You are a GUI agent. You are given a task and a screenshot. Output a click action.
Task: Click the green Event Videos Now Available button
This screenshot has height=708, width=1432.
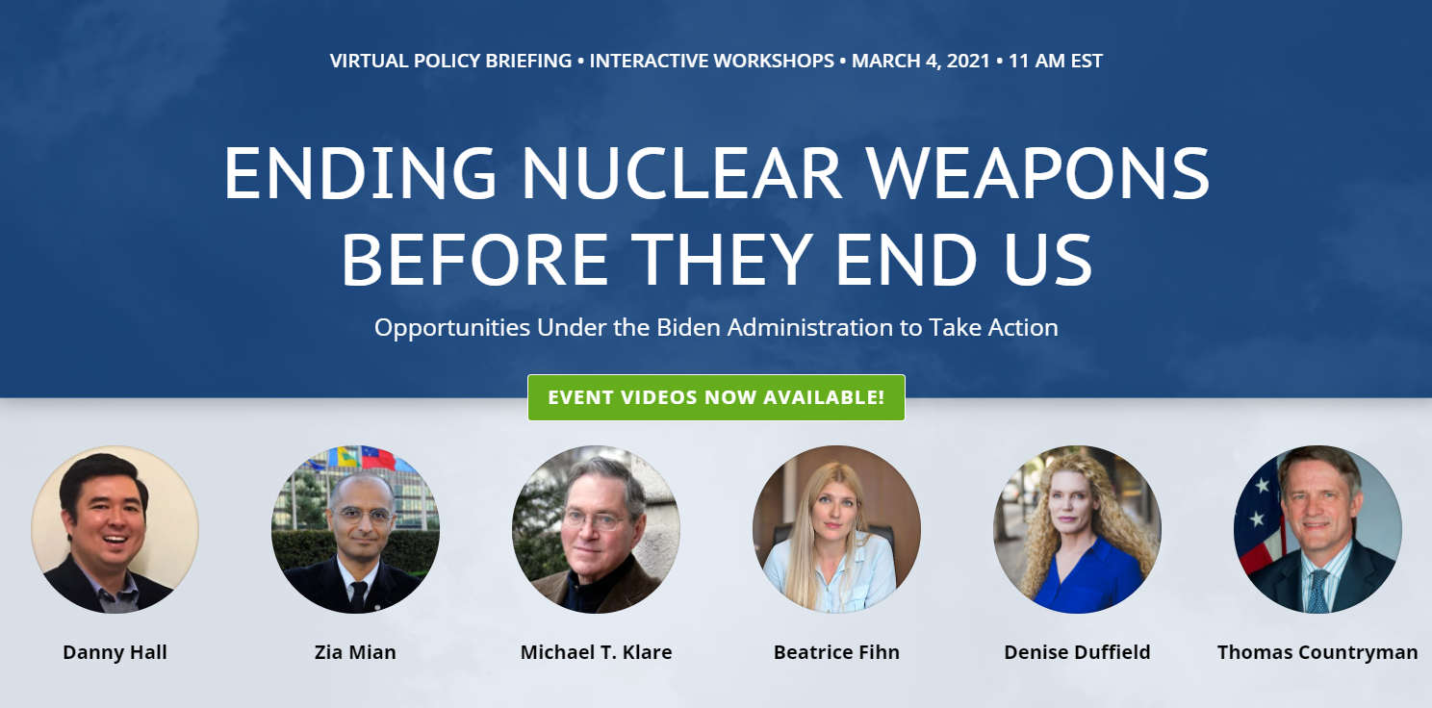pos(716,397)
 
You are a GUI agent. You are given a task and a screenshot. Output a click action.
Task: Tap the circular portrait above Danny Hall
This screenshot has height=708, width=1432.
pos(115,530)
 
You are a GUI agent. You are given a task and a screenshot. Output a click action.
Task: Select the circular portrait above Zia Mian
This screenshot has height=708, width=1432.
pos(355,530)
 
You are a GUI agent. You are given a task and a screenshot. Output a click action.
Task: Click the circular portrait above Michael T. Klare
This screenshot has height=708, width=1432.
pos(596,530)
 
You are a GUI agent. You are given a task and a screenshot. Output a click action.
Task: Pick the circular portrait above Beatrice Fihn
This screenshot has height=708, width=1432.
pos(837,530)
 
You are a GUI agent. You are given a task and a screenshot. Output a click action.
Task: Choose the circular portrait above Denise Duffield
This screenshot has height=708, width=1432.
pos(1077,530)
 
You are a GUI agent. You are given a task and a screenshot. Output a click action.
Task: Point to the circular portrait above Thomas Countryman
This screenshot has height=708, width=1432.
pos(1317,530)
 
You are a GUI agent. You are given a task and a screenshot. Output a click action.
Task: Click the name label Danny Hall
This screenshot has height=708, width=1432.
pos(115,652)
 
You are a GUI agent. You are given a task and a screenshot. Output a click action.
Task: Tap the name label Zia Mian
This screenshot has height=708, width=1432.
pos(355,652)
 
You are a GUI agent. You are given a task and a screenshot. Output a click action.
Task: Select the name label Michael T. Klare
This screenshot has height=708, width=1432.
pos(596,652)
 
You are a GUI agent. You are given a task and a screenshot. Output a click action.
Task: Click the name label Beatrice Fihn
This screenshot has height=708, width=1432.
pos(837,652)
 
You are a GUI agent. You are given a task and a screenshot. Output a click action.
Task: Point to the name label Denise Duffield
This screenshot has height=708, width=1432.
pos(1077,652)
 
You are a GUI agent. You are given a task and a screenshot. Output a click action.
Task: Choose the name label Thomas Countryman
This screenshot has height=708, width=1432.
pos(1317,652)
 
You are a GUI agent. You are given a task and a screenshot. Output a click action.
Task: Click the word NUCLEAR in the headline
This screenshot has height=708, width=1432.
pos(681,172)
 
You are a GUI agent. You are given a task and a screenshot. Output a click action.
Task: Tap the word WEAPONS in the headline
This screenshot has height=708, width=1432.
pos(1037,172)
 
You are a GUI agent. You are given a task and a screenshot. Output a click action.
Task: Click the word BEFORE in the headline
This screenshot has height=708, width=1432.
pos(474,260)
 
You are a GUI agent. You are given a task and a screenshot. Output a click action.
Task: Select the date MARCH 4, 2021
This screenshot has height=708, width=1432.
pos(921,61)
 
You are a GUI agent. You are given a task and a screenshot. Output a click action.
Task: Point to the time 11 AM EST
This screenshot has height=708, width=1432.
pos(1056,61)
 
